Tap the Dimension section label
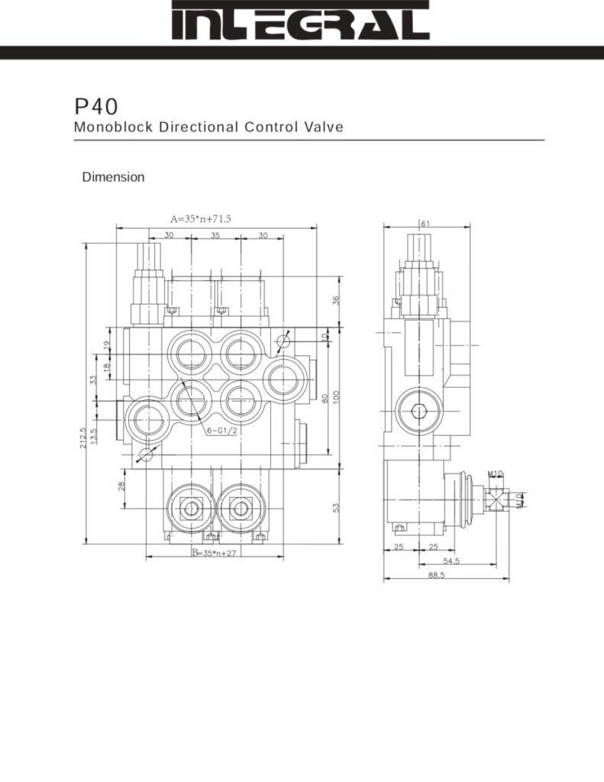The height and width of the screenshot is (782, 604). tap(113, 177)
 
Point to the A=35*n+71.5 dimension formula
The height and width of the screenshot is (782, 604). tap(200, 219)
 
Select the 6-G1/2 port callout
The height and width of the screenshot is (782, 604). tap(221, 431)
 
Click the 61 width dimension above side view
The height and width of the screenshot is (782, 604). tap(425, 223)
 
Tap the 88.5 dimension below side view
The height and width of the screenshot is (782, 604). tap(436, 576)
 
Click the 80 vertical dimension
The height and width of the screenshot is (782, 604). tap(325, 399)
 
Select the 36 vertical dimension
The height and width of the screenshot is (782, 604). tap(336, 301)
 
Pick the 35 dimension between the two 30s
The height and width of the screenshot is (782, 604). tap(215, 235)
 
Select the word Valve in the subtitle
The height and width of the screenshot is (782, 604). tap(326, 127)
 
